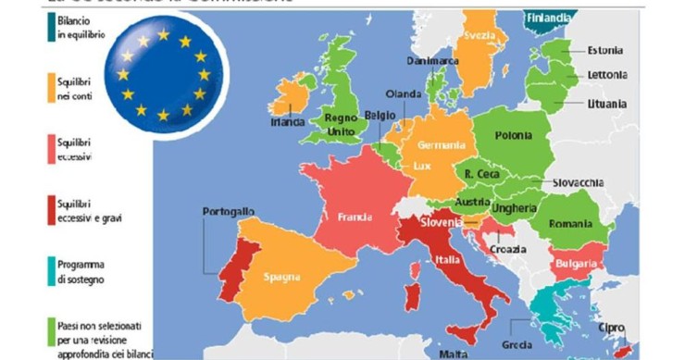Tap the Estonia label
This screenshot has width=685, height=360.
point(605,50)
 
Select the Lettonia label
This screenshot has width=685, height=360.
point(607,74)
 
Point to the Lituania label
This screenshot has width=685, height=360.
point(607,104)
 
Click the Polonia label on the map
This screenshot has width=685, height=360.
point(513,136)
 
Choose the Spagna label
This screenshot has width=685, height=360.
point(280,277)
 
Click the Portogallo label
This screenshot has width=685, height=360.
point(229,212)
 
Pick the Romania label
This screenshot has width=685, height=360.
point(570,224)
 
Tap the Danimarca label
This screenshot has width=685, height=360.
point(432,61)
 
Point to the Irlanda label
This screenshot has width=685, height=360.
point(288,121)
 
